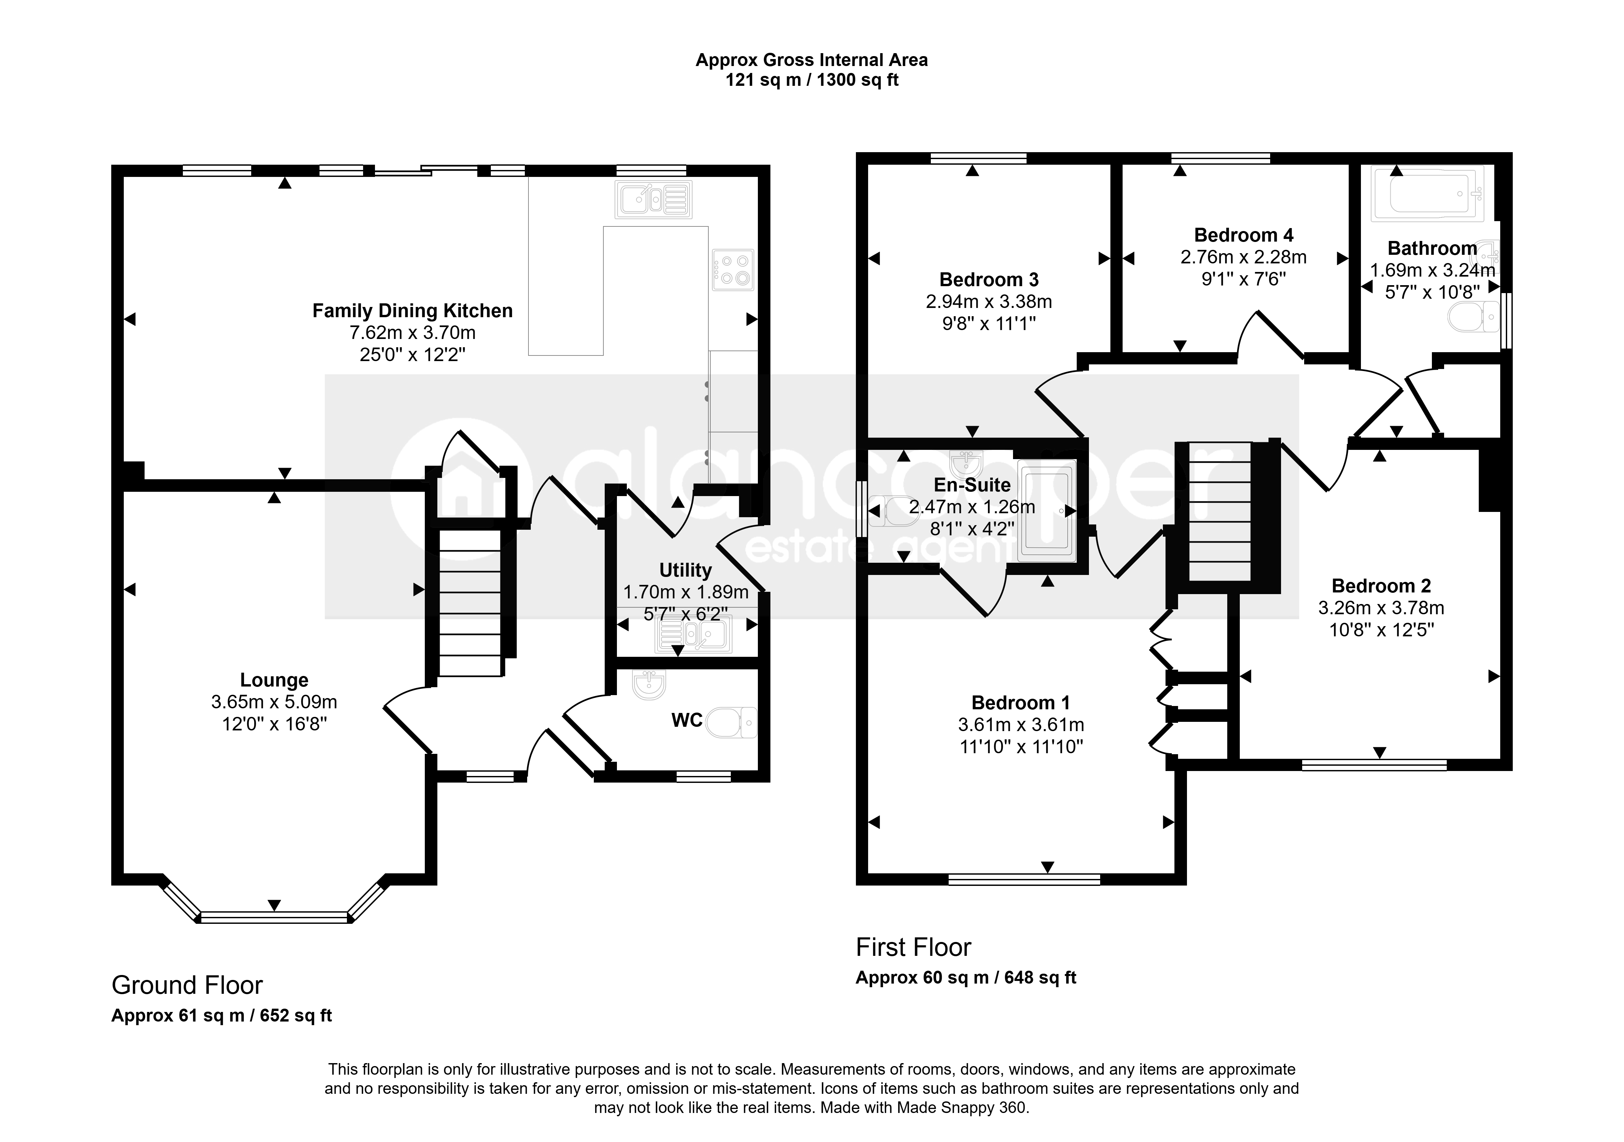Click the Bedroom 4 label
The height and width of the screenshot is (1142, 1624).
[1243, 235]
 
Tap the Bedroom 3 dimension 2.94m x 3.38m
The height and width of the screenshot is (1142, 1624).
[989, 302]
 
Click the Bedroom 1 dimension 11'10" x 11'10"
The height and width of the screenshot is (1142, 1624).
[1021, 747]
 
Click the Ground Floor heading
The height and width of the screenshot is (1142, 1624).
[187, 985]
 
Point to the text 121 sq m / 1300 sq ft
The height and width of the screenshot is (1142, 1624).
[812, 80]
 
